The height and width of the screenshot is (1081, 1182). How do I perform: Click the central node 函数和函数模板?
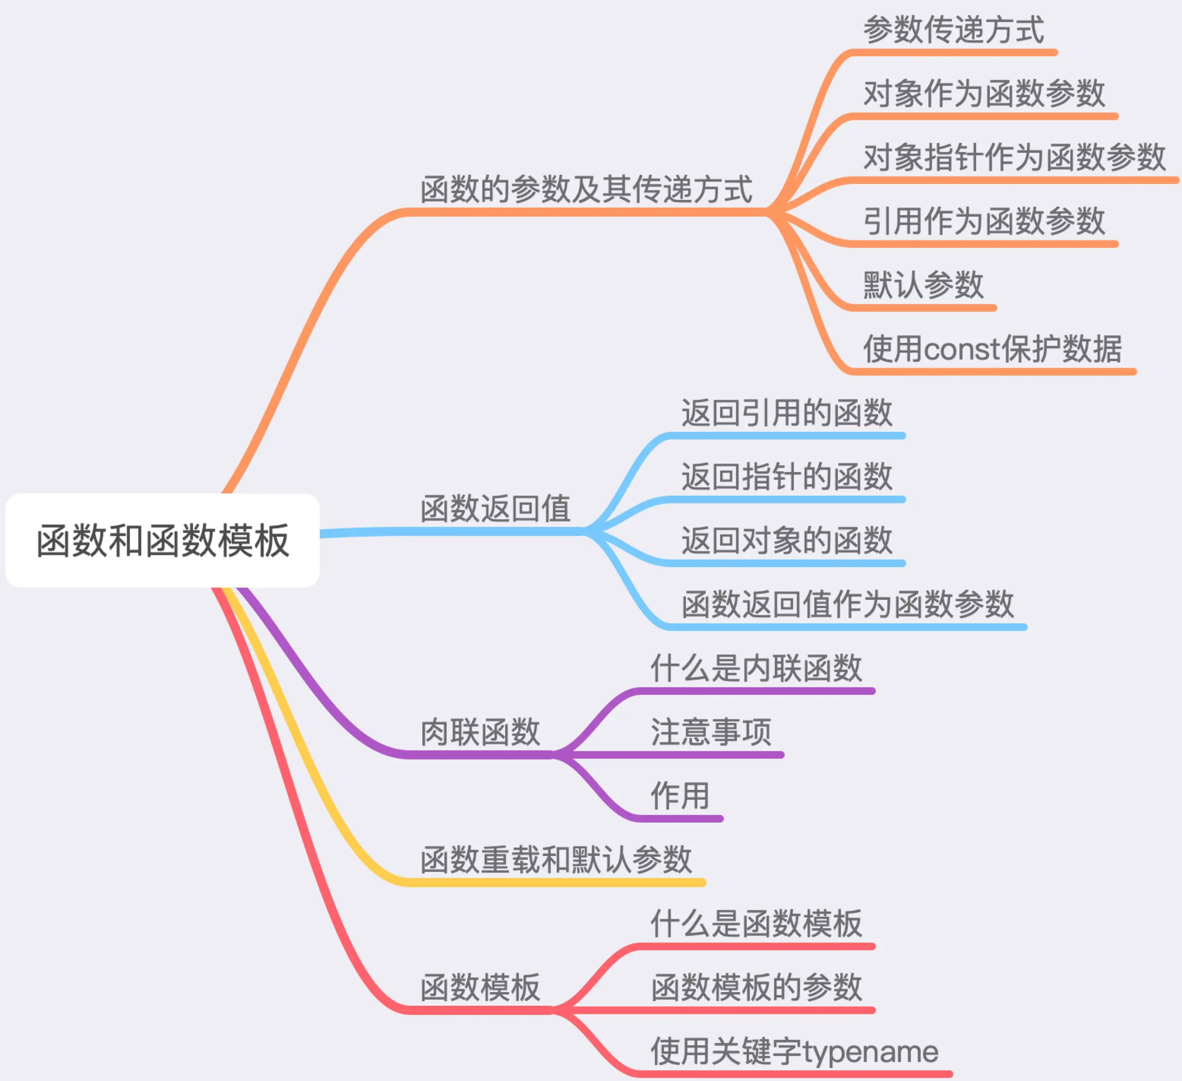[163, 540]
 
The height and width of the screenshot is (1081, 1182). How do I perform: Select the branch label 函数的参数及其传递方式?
[586, 189]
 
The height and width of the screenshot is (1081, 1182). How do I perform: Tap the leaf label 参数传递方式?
[953, 29]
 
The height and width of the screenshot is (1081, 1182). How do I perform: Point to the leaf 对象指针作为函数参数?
[1014, 157]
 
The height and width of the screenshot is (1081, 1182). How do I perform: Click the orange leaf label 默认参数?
[923, 285]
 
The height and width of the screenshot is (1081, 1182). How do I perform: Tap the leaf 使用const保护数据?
[992, 349]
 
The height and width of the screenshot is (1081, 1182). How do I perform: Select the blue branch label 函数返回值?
[496, 508]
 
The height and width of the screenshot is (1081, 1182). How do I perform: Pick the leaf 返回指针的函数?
[787, 476]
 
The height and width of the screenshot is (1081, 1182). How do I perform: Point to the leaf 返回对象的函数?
[787, 540]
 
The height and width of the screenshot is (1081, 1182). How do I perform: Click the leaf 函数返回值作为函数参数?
[847, 604]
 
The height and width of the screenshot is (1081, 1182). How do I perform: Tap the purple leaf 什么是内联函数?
[756, 668]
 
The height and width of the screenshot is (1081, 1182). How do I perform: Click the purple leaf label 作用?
[680, 796]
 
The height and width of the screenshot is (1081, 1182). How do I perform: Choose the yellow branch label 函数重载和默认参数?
[556, 860]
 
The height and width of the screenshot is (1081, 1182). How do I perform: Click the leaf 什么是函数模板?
[756, 924]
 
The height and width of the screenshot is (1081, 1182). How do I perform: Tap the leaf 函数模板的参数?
[756, 988]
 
